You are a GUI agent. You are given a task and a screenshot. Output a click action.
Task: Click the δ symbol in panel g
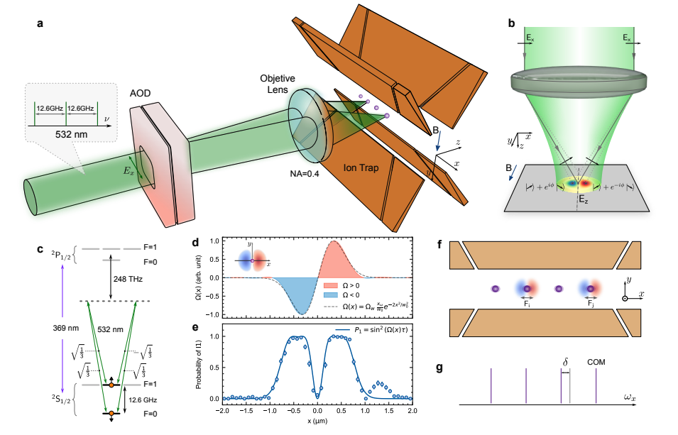tap(565, 361)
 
